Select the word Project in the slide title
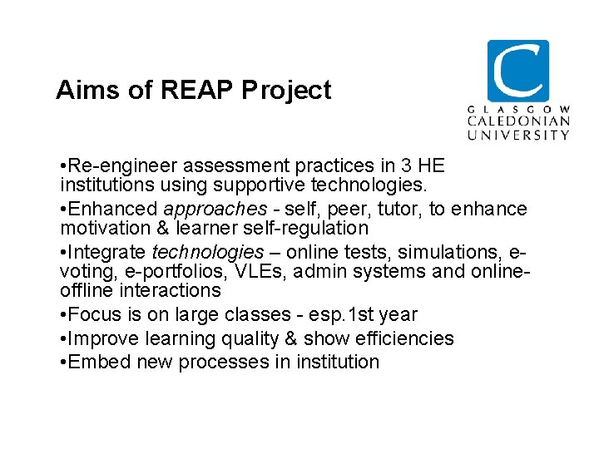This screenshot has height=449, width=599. point(286,90)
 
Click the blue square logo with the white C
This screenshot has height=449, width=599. point(517,71)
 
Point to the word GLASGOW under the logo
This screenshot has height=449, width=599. point(517,110)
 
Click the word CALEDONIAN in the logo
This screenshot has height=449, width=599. point(517,121)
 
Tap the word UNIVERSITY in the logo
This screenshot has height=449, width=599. point(517,134)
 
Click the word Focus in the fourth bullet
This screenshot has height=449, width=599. point(97,315)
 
